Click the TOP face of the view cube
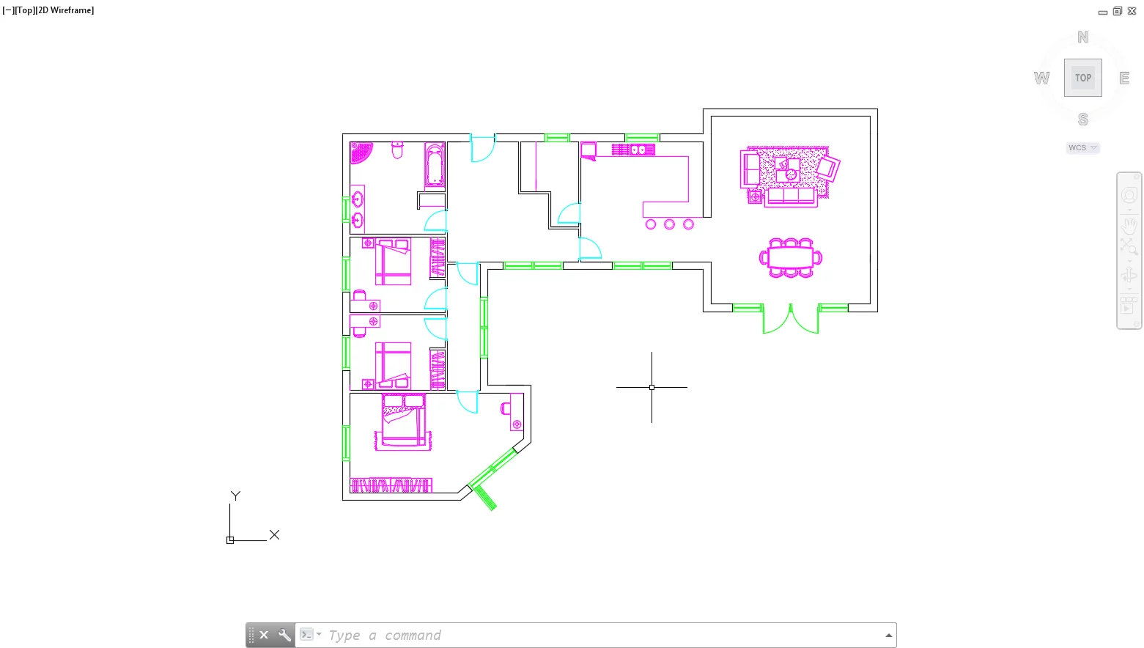tap(1082, 78)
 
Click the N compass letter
tap(1082, 37)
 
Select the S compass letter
tap(1082, 119)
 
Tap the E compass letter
tap(1123, 78)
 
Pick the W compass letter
tap(1041, 78)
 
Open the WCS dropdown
tap(1082, 148)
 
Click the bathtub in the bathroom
tap(435, 166)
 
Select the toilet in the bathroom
tap(397, 150)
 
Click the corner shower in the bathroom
tap(360, 152)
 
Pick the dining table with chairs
tap(790, 258)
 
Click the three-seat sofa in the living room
tap(791, 196)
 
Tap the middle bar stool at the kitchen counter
tap(669, 224)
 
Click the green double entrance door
tap(790, 320)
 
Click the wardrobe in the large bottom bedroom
tap(391, 485)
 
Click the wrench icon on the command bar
tap(284, 636)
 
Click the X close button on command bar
tap(264, 636)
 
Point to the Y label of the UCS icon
tap(235, 496)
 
